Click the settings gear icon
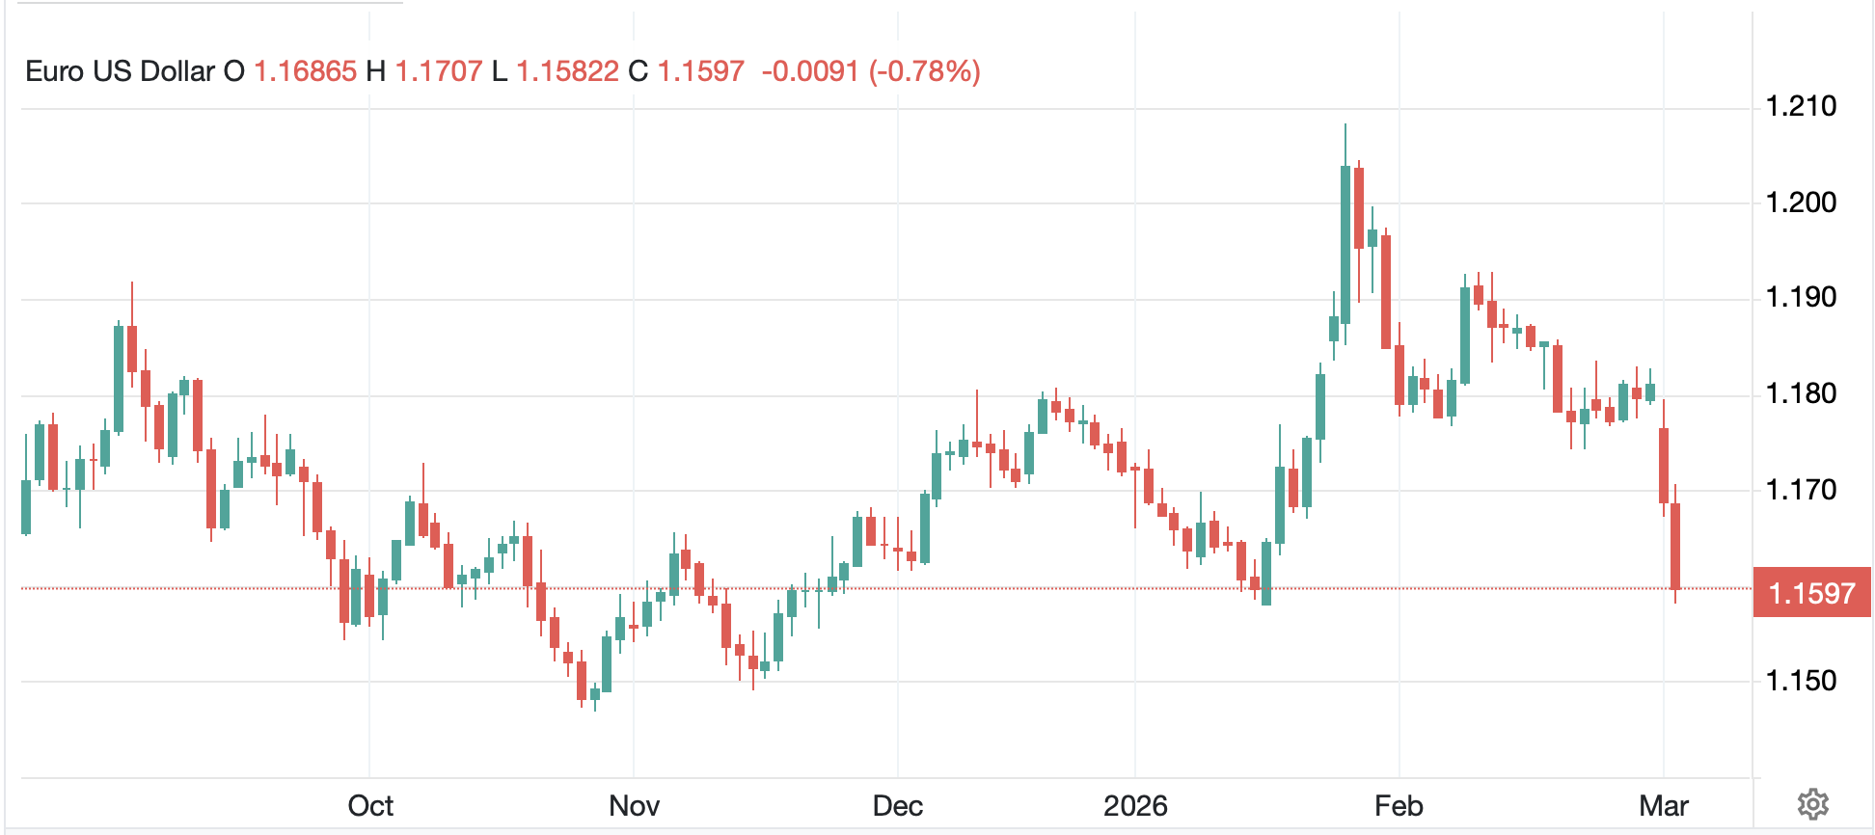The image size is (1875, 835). click(x=1812, y=803)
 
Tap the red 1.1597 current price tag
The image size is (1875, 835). click(x=1811, y=593)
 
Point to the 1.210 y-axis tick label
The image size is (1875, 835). click(x=1801, y=106)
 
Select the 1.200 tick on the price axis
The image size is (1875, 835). click(x=1801, y=202)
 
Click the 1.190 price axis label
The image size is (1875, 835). click(x=1801, y=297)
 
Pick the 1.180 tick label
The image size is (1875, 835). click(x=1801, y=393)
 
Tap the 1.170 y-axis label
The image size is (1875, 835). click(x=1801, y=490)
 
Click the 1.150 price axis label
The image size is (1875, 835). click(x=1801, y=681)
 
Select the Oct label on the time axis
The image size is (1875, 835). click(x=370, y=806)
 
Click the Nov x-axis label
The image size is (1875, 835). click(x=634, y=806)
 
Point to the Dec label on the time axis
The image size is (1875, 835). click(x=897, y=806)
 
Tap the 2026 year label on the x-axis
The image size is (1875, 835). click(x=1135, y=806)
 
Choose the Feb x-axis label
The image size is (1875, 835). click(x=1399, y=806)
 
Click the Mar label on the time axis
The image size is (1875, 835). click(x=1663, y=806)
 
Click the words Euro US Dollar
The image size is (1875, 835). click(x=120, y=71)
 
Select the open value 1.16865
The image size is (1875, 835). click(x=305, y=71)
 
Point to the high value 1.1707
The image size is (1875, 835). click(x=439, y=71)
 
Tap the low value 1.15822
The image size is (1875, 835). click(x=567, y=71)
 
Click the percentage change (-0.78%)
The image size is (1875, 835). click(x=924, y=71)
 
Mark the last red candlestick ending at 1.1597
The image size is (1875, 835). click(x=1676, y=546)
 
